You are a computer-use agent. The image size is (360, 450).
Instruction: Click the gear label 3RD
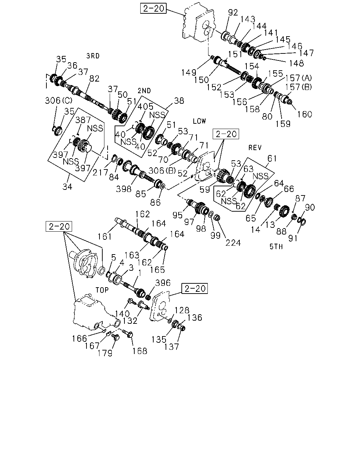93,56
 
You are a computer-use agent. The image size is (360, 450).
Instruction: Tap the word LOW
199,121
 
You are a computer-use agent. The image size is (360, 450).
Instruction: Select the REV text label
255,148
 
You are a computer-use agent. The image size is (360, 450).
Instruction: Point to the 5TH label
276,247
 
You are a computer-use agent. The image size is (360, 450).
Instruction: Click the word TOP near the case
102,290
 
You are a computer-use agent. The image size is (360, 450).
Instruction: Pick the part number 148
296,63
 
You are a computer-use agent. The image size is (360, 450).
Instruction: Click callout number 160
304,114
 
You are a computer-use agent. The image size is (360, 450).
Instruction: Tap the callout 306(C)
59,101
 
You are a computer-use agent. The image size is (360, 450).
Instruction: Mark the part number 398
124,189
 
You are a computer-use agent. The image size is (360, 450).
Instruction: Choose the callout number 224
233,243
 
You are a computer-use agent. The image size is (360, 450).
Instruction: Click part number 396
163,283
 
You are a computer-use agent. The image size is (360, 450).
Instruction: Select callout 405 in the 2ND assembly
146,107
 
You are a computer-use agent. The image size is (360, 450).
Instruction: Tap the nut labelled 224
217,218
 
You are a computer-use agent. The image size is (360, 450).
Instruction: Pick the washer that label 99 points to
211,214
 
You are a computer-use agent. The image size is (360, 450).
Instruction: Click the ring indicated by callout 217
114,158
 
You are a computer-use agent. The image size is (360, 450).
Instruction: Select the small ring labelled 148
264,58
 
